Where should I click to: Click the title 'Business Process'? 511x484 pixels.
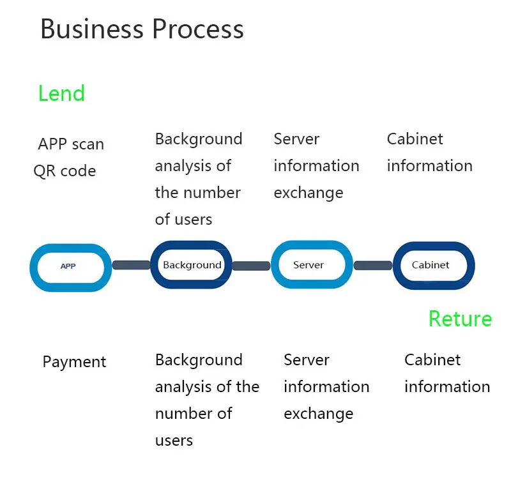click(x=142, y=29)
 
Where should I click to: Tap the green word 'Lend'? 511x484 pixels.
click(x=61, y=94)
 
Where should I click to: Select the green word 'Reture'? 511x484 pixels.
click(x=460, y=319)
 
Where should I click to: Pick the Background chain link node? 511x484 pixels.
click(x=192, y=265)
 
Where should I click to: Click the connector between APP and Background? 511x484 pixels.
click(x=131, y=265)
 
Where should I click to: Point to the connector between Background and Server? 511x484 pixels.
click(x=251, y=266)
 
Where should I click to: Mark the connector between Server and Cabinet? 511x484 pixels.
click(x=373, y=265)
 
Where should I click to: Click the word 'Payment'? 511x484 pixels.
click(x=74, y=362)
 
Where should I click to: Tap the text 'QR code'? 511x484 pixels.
click(x=65, y=171)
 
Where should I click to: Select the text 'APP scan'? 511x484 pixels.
click(x=71, y=144)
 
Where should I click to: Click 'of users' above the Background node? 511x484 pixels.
click(x=183, y=220)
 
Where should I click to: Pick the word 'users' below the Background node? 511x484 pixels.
click(x=174, y=441)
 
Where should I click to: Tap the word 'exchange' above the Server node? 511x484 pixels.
click(x=308, y=193)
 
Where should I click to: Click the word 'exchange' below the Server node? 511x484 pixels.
click(x=318, y=414)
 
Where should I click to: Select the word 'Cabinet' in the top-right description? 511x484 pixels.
click(x=415, y=139)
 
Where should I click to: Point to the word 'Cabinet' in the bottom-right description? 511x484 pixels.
click(x=432, y=360)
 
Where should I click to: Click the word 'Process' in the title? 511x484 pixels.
click(x=198, y=29)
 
